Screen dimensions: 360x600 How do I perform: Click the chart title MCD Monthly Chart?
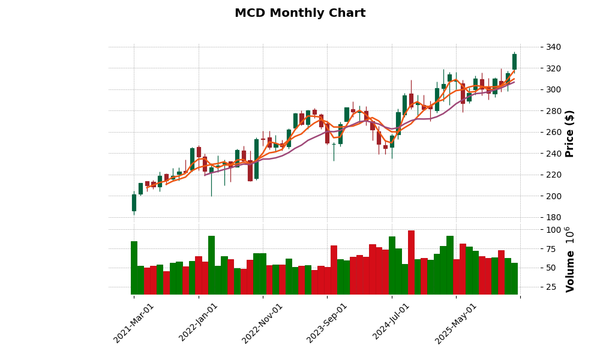[300, 13]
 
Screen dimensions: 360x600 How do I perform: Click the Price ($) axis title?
[569, 133]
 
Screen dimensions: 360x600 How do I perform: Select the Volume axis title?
[569, 259]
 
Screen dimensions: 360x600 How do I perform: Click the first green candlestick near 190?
[134, 203]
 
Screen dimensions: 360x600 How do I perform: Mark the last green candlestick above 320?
[514, 62]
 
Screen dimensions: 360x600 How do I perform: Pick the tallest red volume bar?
[411, 262]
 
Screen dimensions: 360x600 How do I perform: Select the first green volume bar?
[134, 268]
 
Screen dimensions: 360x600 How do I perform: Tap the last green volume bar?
[514, 278]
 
